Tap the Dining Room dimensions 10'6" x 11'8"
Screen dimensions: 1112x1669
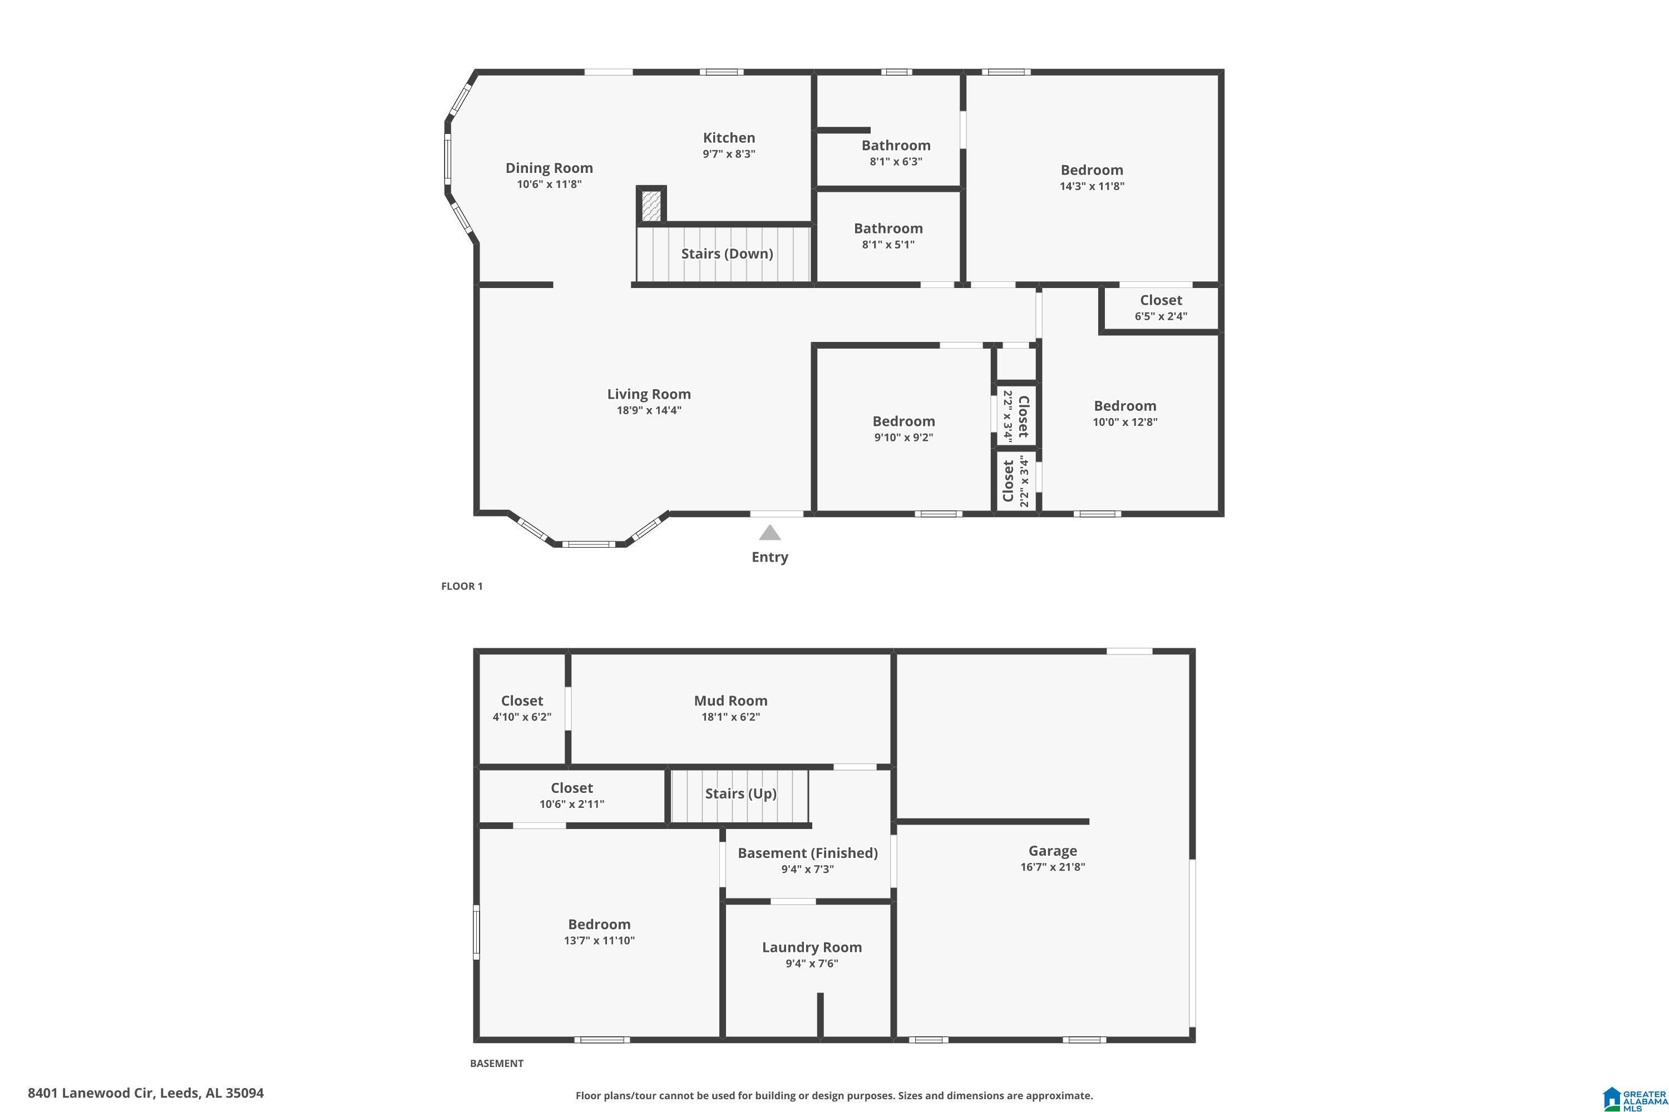[549, 185]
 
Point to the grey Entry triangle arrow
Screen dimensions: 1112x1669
[770, 533]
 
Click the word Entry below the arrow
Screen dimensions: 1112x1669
[770, 558]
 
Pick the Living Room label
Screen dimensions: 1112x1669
[649, 394]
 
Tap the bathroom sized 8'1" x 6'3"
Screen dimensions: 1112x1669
[896, 152]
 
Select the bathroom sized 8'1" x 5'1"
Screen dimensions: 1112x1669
[888, 235]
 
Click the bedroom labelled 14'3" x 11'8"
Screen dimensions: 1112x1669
[1092, 177]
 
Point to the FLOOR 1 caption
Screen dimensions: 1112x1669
[462, 586]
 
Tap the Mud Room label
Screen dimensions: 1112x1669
[730, 701]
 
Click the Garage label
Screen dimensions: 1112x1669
[1053, 851]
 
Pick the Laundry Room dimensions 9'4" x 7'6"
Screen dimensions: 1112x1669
[812, 963]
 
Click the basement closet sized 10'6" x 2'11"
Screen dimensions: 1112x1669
[571, 795]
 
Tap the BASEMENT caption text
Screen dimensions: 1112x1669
[497, 1063]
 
